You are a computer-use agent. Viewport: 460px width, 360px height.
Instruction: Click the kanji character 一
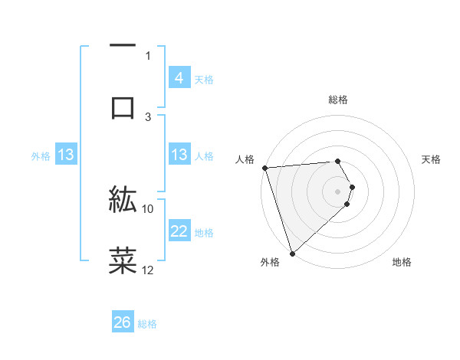coord(123,47)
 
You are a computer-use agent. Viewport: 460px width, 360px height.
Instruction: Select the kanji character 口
coord(123,107)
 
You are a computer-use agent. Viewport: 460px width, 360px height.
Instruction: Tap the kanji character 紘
coord(123,200)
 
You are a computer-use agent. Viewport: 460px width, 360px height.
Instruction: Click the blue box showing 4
coord(179,77)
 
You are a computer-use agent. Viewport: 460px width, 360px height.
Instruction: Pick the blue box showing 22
coord(179,231)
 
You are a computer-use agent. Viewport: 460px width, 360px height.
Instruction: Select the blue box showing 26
coord(123,322)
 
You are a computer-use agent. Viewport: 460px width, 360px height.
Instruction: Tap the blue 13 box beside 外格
coord(66,155)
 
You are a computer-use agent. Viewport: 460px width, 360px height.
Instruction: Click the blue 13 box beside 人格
coord(179,155)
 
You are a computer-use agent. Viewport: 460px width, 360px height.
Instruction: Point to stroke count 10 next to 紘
coord(148,208)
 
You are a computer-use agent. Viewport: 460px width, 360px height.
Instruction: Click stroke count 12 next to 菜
coord(148,270)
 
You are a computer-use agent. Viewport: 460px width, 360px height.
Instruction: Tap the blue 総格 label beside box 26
coord(147,324)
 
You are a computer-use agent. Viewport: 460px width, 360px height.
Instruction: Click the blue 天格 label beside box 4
coord(204,79)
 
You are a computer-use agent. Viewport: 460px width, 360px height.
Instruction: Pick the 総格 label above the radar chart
coord(338,100)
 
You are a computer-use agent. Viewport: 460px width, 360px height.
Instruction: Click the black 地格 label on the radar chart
coord(402,262)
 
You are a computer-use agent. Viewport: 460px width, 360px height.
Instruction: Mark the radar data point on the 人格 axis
coord(264,168)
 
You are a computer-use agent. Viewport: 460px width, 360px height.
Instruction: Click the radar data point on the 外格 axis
coord(292,253)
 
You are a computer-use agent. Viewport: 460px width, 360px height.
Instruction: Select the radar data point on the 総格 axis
coord(338,161)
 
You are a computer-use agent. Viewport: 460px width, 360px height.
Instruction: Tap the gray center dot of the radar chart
coord(338,191)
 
